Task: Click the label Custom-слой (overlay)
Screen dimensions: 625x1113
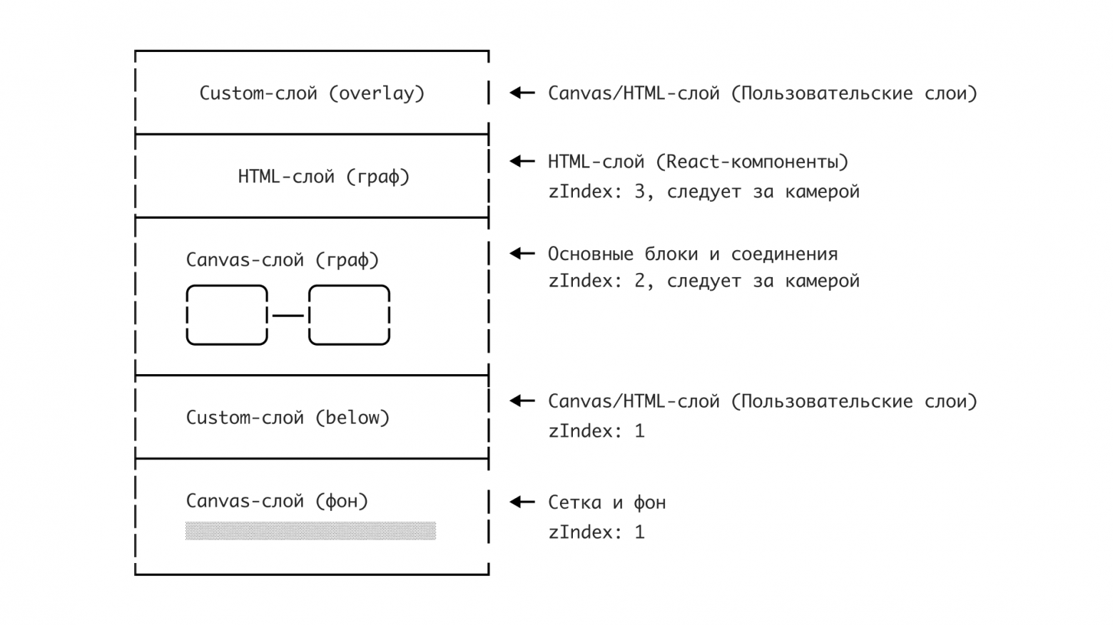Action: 312,93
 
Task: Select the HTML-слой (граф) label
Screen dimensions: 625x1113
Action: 324,177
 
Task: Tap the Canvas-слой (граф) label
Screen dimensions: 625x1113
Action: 283,260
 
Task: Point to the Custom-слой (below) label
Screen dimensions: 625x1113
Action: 288,418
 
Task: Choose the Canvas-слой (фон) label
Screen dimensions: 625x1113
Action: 277,501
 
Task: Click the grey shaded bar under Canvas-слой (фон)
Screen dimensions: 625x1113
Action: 310,531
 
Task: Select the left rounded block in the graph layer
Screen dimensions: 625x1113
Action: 227,315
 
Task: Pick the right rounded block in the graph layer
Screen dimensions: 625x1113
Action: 349,315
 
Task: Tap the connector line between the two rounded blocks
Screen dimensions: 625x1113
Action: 288,315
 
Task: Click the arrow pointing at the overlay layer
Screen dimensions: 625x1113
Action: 522,93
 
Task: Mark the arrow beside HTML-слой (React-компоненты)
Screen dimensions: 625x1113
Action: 522,162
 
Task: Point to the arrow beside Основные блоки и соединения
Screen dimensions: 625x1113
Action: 522,254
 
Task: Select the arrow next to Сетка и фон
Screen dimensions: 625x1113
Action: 522,502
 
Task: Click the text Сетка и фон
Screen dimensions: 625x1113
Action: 606,503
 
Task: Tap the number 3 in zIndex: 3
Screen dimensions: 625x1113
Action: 640,192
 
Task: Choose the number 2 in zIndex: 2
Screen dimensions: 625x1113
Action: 640,281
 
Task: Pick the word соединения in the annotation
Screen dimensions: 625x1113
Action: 784,254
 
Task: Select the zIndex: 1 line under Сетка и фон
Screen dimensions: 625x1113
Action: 596,532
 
